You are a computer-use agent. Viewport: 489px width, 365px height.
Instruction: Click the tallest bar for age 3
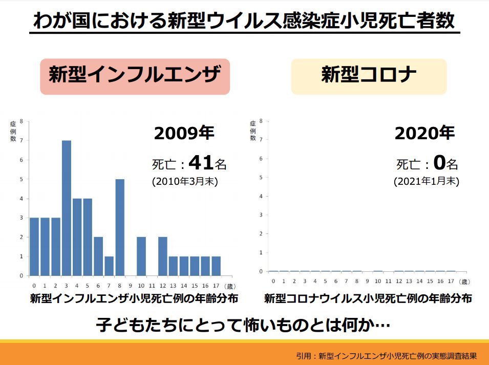pyautogui.click(x=66, y=207)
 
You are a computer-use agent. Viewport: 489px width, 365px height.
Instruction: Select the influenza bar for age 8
pyautogui.click(x=120, y=227)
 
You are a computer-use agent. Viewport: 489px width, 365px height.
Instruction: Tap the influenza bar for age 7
pyautogui.click(x=109, y=265)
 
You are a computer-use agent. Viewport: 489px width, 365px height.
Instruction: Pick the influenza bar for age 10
pyautogui.click(x=141, y=255)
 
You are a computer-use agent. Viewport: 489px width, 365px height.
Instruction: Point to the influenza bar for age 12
pyautogui.click(x=162, y=255)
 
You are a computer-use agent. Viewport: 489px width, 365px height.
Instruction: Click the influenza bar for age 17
pyautogui.click(x=216, y=265)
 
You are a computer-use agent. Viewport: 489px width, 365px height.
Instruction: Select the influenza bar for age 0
pyautogui.click(x=34, y=246)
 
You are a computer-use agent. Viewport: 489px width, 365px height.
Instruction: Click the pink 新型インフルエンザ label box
pyautogui.click(x=135, y=76)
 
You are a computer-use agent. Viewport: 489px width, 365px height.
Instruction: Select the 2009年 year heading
pyautogui.click(x=184, y=134)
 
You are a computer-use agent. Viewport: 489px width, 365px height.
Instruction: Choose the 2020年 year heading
pyautogui.click(x=424, y=134)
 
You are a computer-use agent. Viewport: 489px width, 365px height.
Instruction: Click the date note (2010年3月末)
pyautogui.click(x=185, y=182)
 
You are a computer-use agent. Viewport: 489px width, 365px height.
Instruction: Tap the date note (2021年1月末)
pyautogui.click(x=426, y=182)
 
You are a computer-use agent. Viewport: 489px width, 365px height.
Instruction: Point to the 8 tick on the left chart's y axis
pyautogui.click(x=21, y=121)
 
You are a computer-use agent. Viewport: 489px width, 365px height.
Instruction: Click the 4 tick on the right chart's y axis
pyautogui.click(x=261, y=196)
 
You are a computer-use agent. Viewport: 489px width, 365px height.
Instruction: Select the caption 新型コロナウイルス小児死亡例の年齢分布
pyautogui.click(x=368, y=298)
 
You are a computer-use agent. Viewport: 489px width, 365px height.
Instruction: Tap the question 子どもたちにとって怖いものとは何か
pyautogui.click(x=243, y=325)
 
